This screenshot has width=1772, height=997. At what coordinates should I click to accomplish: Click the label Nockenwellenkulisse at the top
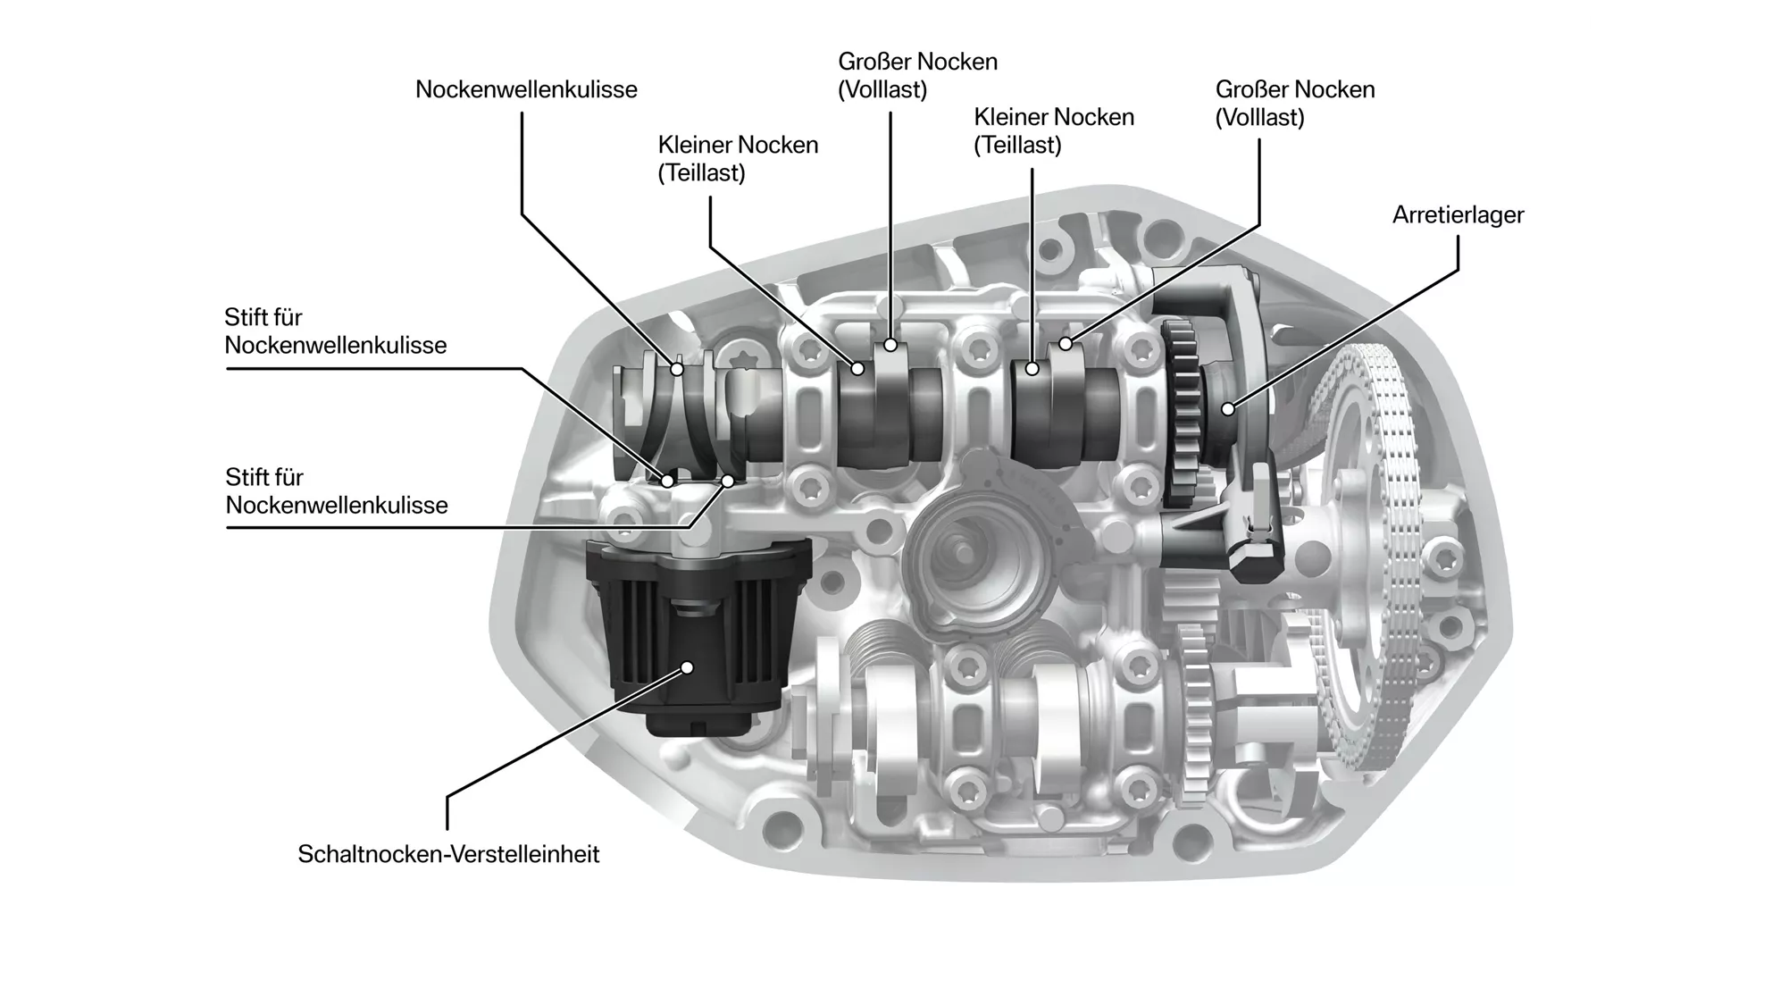coord(526,89)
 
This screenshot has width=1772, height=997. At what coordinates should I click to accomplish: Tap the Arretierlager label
coord(1458,215)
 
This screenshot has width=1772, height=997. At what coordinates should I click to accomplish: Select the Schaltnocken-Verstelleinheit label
coord(448,854)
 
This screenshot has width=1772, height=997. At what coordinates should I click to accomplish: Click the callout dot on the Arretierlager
coord(1229,409)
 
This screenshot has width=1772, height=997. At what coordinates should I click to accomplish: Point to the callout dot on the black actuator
coord(687,667)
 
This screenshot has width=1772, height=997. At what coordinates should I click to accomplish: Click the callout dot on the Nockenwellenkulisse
coord(677,368)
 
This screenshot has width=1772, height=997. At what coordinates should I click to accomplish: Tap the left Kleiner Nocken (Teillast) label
coord(738,159)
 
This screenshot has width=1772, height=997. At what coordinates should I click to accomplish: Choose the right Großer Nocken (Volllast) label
coord(1294,104)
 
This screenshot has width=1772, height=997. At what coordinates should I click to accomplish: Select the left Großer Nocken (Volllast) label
coord(917,76)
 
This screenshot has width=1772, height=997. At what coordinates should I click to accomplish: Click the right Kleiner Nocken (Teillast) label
coord(1053,131)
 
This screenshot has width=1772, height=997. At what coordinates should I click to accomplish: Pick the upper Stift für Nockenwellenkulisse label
coord(335,331)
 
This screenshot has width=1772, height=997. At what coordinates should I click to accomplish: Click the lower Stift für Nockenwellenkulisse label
coord(336,491)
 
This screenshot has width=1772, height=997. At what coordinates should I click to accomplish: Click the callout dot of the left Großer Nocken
coord(890,345)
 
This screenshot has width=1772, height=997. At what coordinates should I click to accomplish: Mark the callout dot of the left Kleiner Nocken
coord(857,367)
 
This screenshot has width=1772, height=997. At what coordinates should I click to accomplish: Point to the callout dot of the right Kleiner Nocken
coord(1032,367)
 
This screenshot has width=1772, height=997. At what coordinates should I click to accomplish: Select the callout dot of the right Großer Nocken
coord(1065,344)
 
